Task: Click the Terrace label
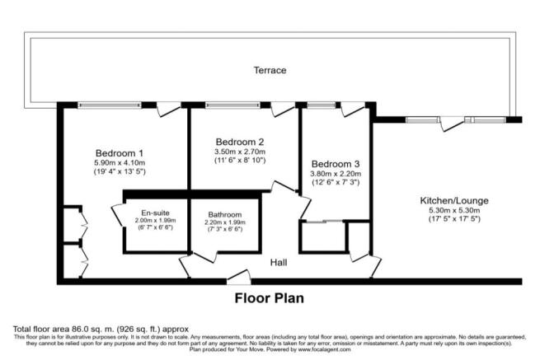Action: pos(270,71)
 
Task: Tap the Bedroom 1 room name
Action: pos(120,152)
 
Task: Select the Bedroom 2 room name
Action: pos(239,141)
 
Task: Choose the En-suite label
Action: pos(154,211)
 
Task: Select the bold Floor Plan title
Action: pos(270,298)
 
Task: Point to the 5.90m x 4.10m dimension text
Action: pos(120,162)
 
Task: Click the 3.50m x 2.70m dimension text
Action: pos(239,152)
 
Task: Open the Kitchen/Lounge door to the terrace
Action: pos(451,124)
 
